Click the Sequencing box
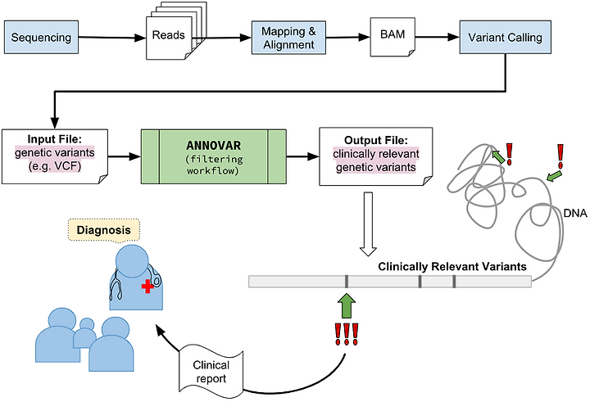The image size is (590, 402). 42,37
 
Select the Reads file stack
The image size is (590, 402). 176,31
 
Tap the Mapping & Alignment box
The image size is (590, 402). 288,38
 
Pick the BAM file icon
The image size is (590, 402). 393,37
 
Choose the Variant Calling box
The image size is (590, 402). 506,37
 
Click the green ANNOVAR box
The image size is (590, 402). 213,156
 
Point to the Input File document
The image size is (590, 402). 55,156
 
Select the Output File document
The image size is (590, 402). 376,156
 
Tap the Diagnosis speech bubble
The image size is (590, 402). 104,231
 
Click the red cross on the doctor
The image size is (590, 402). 147,287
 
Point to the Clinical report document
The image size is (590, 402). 211,372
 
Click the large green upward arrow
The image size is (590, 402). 347,305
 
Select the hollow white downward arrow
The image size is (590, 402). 368,224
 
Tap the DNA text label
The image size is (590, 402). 575,213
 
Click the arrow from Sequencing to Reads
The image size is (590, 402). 112,37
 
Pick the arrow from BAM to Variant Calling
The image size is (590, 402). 438,37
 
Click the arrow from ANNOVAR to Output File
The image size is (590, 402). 303,156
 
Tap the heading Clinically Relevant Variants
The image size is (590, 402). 452,267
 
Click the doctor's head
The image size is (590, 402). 132,261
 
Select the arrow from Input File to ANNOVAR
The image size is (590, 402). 125,156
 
